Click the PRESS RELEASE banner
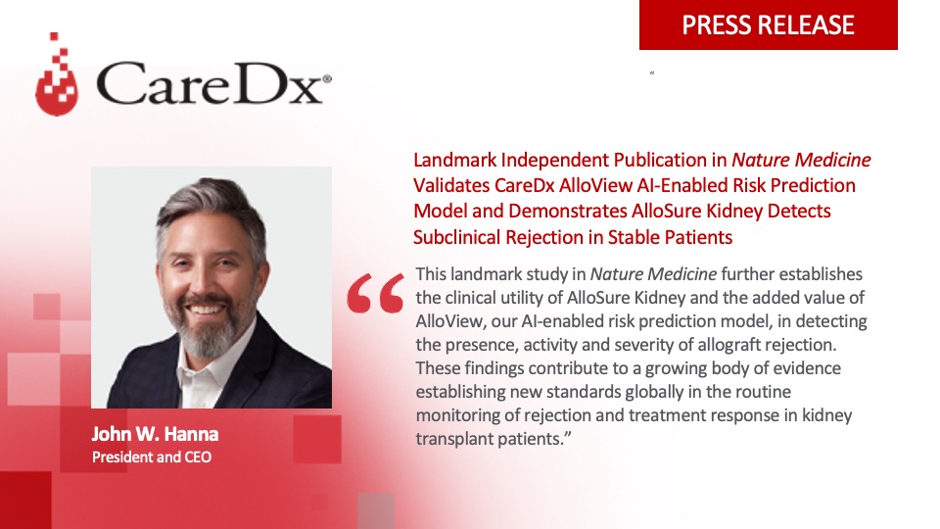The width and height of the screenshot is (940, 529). (768, 24)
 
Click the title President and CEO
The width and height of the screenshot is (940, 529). (151, 457)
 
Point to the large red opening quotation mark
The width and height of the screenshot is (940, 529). (376, 293)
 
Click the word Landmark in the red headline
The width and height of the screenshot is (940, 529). (452, 160)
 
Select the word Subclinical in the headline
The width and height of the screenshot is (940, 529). (459, 237)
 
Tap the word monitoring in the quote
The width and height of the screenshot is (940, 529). (463, 416)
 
